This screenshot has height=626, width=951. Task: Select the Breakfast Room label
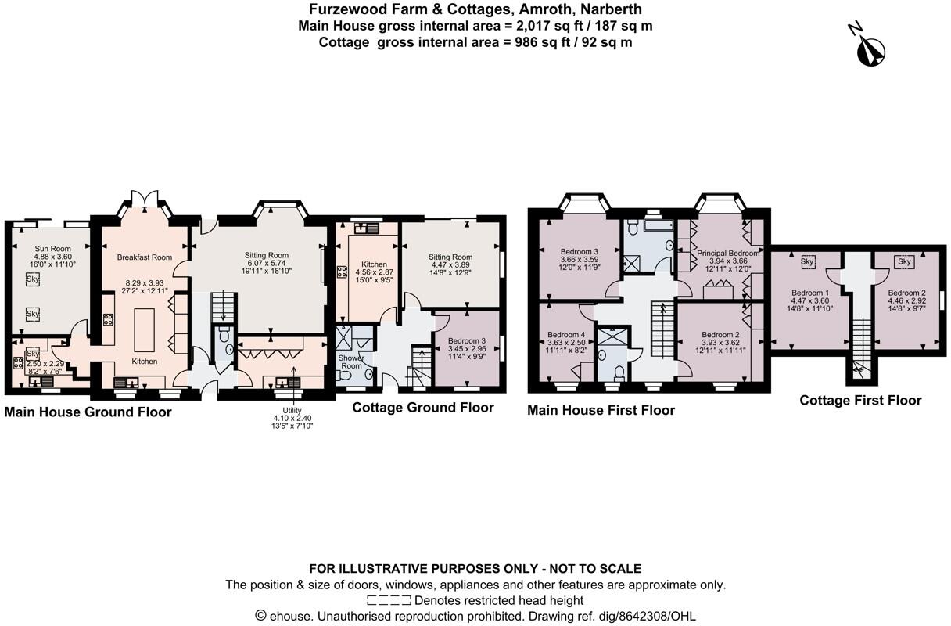(x=144, y=257)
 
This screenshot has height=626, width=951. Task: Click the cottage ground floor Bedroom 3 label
(x=466, y=341)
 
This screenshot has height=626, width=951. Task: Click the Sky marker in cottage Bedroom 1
(x=807, y=261)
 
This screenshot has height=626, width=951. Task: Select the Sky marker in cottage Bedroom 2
(x=904, y=261)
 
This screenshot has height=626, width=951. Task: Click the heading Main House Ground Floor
(x=88, y=412)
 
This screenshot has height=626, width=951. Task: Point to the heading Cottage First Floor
(x=860, y=401)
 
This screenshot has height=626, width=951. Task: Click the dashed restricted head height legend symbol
(x=389, y=601)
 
